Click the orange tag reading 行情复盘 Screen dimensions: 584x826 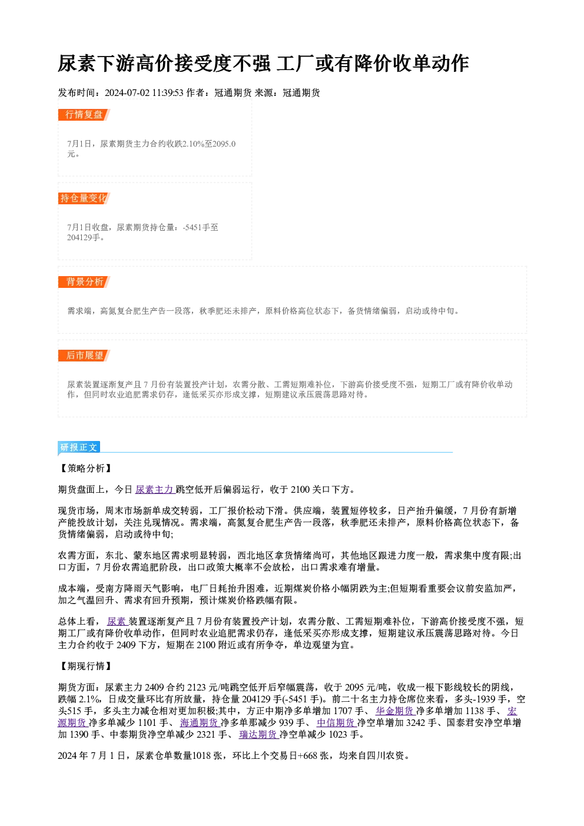84,115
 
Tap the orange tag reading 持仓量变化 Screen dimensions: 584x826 84,198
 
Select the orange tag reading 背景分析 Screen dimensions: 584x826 84,282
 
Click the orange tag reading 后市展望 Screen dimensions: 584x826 84,356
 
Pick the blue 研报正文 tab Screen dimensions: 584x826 79,447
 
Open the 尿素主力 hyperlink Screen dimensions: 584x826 154,490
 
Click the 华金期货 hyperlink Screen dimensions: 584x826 395,711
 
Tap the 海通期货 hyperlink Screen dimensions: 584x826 200,723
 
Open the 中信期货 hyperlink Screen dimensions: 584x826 336,723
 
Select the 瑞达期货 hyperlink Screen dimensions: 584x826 258,735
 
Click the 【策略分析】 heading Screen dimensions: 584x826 85,469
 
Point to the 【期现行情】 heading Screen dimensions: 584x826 85,666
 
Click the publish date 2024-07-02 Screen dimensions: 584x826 127,93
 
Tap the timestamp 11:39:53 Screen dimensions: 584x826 168,93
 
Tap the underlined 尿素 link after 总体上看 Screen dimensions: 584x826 117,622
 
